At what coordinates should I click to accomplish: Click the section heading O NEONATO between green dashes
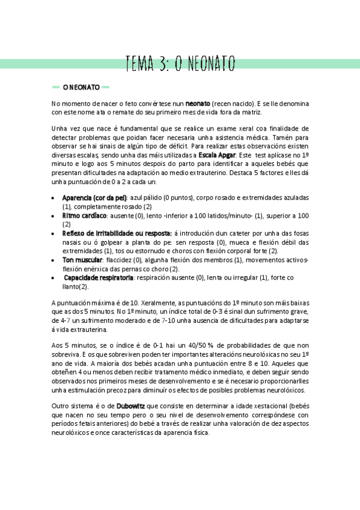81,87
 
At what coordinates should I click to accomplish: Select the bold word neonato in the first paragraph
198,103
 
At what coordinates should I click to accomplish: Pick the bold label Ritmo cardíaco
84,215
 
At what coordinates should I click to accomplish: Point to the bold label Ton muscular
82,259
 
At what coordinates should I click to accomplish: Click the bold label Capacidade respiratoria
99,277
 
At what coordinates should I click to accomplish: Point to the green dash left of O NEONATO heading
55,87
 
